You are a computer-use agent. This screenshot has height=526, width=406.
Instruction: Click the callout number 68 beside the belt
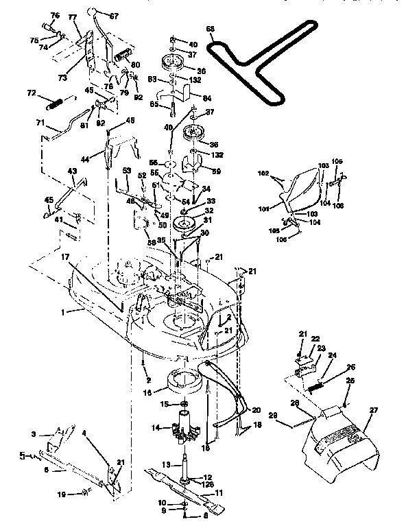pos(211,28)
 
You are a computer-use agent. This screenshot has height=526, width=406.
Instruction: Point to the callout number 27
pos(374,411)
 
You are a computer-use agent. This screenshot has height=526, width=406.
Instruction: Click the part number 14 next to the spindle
pos(155,427)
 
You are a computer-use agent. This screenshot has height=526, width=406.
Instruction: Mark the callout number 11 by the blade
pos(220,492)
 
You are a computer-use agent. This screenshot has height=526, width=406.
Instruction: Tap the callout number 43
pos(71,171)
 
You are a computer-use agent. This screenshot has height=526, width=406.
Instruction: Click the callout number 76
pos(56,15)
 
